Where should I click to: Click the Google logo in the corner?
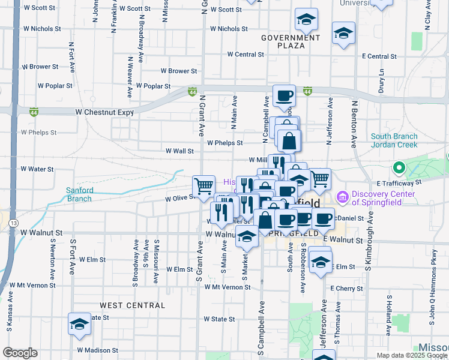(20, 353)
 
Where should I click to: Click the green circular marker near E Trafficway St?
(398, 167)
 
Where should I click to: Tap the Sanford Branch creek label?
(79, 194)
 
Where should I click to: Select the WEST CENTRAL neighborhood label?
(132, 305)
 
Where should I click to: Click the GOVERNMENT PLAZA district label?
(291, 41)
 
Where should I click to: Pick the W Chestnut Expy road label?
(104, 112)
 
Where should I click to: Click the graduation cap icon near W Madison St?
(79, 323)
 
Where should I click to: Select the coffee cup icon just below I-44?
(285, 94)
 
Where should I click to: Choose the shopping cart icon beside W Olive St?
(203, 185)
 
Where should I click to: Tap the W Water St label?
(37, 169)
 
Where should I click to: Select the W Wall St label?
(179, 151)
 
